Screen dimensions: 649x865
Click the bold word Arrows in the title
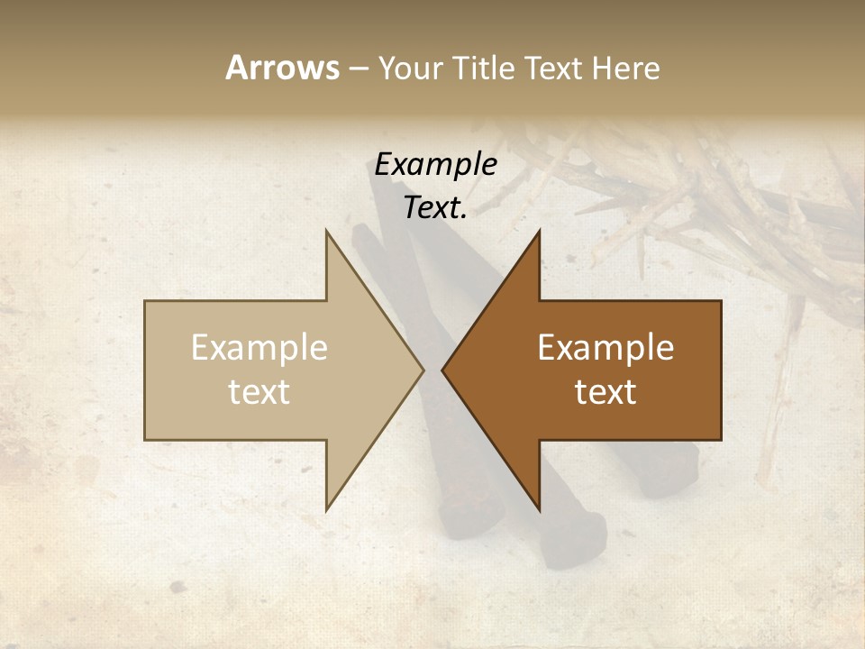click(x=282, y=68)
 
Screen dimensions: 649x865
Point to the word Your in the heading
click(x=409, y=68)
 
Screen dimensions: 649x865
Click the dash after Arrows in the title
click(x=358, y=69)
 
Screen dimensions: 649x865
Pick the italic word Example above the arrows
click(x=435, y=165)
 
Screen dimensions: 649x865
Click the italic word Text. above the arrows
click(x=435, y=208)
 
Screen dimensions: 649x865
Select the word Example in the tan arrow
click(x=259, y=348)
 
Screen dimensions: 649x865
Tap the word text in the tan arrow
click(x=259, y=392)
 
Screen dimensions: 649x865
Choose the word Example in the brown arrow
click(x=605, y=348)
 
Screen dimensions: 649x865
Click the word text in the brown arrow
click(x=605, y=392)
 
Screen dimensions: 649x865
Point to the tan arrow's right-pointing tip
click(x=423, y=370)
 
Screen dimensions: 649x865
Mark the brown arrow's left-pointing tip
click(x=442, y=370)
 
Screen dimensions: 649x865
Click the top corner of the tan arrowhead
click(x=326, y=231)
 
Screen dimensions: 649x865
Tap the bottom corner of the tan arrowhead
click(x=326, y=510)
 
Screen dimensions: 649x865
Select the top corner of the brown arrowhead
click(x=540, y=231)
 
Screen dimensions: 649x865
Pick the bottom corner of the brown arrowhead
click(x=540, y=510)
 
